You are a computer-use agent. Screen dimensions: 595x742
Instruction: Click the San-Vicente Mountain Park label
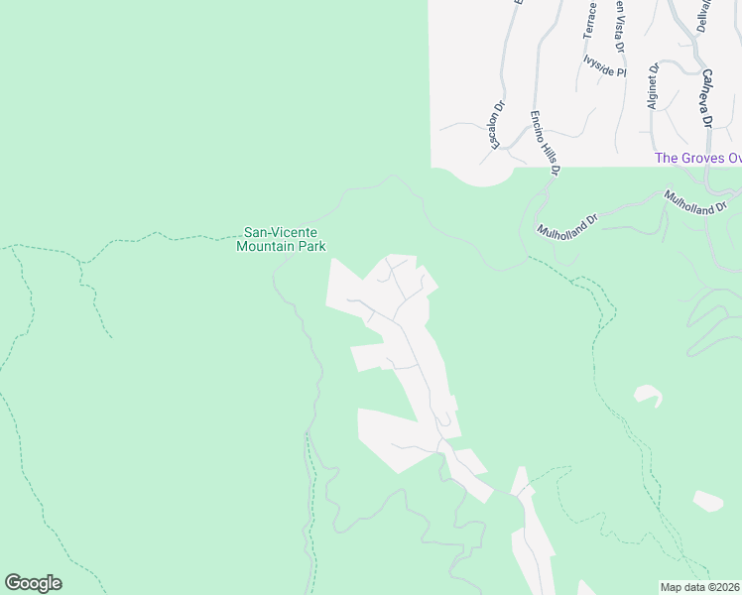(281, 239)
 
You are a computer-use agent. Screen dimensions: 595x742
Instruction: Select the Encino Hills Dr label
(546, 143)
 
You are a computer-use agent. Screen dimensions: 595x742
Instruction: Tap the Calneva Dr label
(707, 98)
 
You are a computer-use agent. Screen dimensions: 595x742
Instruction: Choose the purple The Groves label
(697, 159)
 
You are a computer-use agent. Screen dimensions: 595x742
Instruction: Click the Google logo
(33, 583)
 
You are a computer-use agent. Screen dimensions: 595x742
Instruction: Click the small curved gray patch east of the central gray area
(648, 395)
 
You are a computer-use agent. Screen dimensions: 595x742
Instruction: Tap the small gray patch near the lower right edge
(707, 501)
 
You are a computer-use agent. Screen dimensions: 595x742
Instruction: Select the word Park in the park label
(312, 246)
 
